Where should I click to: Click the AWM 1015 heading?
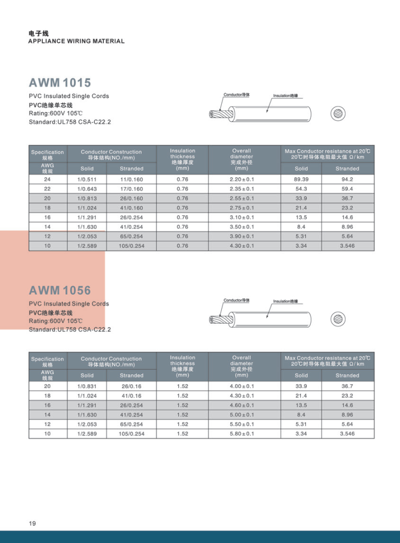click(x=60, y=83)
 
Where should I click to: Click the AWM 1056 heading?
click(x=60, y=290)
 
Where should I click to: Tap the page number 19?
click(x=32, y=523)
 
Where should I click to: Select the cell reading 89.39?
click(x=301, y=179)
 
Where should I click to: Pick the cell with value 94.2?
click(x=347, y=179)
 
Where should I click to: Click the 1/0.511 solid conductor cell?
click(x=86, y=179)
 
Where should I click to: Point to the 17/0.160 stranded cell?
click(x=131, y=189)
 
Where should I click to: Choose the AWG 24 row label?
click(x=47, y=179)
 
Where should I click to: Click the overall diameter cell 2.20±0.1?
click(x=241, y=179)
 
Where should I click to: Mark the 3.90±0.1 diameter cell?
click(x=241, y=236)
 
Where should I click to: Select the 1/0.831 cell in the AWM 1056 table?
click(x=86, y=386)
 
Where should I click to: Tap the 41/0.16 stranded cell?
click(x=131, y=396)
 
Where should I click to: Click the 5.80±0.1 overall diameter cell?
click(x=241, y=434)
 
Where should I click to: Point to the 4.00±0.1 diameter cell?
click(x=241, y=386)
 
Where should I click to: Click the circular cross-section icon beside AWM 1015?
click(x=337, y=113)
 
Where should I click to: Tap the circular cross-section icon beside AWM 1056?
click(x=337, y=318)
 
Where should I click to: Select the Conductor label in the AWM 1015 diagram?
click(x=236, y=95)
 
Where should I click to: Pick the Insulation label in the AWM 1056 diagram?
click(x=285, y=302)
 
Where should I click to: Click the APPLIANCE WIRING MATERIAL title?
click(x=76, y=41)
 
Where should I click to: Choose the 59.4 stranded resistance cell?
click(x=347, y=189)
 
